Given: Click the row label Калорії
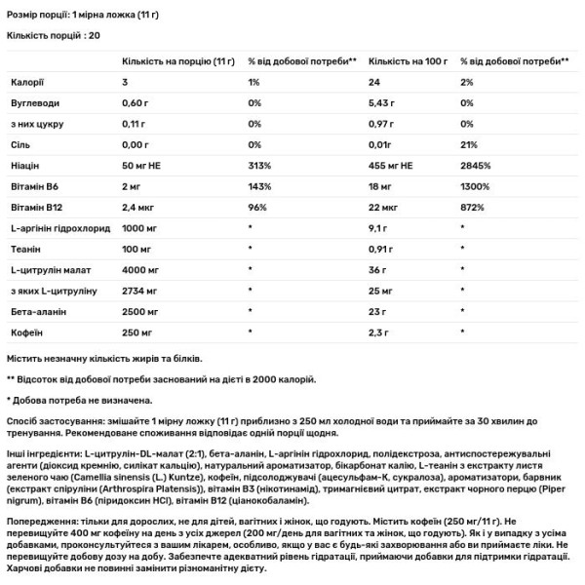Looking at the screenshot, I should [x=26, y=83].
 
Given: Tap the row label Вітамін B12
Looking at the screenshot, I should [x=34, y=208].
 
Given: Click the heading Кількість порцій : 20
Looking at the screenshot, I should [x=53, y=35].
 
